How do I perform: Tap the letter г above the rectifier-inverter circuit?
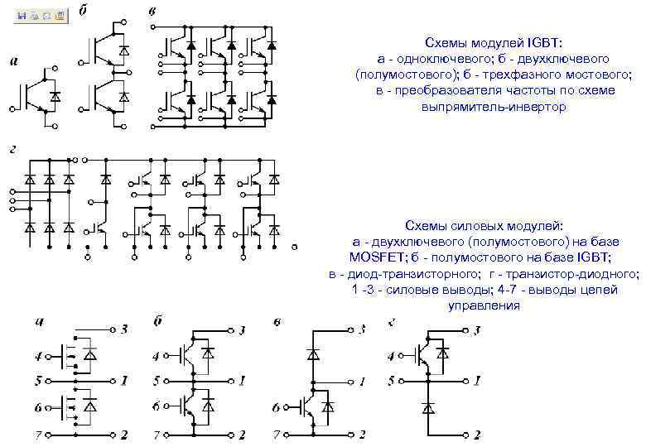pos(13,149)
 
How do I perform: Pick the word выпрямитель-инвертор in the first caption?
pos(494,107)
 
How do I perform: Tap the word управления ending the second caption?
pos(484,305)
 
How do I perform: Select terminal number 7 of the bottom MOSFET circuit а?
pos(37,434)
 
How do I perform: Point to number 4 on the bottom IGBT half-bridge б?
pos(157,357)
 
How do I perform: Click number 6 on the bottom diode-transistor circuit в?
pos(276,407)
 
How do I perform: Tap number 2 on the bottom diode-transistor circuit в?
pos(364,434)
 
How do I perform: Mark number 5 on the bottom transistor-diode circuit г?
pos(391,382)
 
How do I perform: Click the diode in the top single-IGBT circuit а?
pos(55,96)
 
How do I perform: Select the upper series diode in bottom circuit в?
pos(313,354)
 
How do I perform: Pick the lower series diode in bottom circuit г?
pos(428,407)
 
